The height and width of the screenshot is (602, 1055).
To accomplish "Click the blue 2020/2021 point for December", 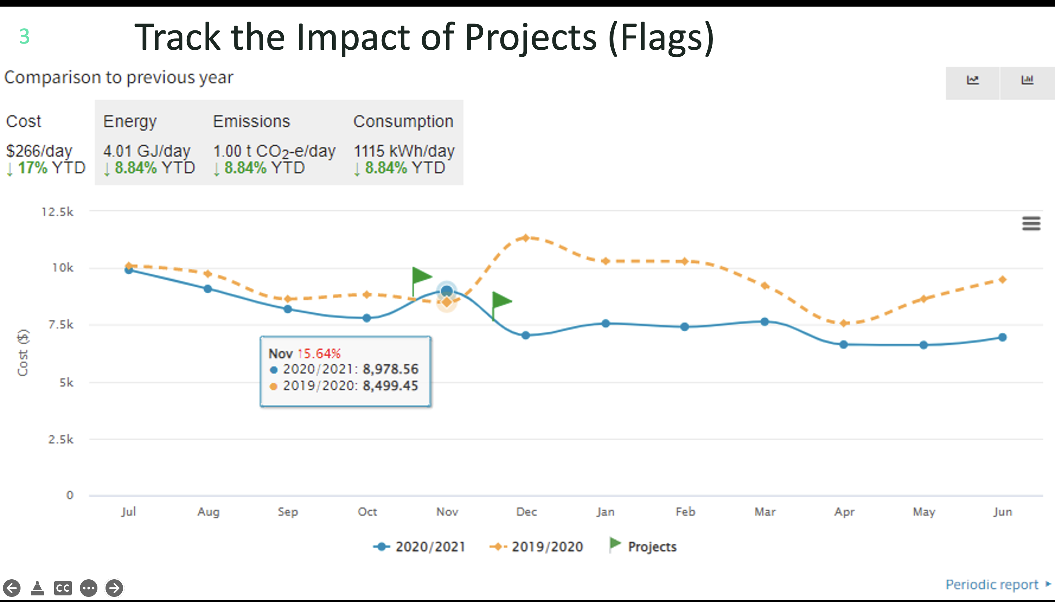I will click(525, 335).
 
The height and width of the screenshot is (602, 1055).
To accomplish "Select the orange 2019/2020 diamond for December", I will click(525, 238).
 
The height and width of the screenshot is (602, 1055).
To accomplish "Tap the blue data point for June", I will click(1003, 337).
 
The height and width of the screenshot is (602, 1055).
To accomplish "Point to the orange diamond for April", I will click(844, 323).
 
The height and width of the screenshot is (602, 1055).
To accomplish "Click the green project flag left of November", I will click(421, 276).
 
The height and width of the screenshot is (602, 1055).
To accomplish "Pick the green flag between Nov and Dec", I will click(501, 301).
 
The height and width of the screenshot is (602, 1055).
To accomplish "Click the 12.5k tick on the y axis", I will click(58, 212).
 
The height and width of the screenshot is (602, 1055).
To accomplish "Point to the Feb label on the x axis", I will click(685, 512).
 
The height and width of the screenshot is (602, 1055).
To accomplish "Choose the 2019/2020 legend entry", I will click(536, 547).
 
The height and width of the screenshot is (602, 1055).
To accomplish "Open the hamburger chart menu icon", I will click(1031, 224).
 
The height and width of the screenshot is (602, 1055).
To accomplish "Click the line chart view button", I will click(972, 80).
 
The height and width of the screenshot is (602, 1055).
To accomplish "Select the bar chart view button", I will click(1027, 80).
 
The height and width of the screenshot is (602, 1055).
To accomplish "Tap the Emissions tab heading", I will click(251, 122).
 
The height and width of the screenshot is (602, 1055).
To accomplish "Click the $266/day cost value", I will click(39, 151).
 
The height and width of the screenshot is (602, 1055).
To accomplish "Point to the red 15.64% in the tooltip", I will click(319, 353).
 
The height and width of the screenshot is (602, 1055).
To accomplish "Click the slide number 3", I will click(25, 36).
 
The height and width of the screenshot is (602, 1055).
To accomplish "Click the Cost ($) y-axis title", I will click(23, 353).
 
